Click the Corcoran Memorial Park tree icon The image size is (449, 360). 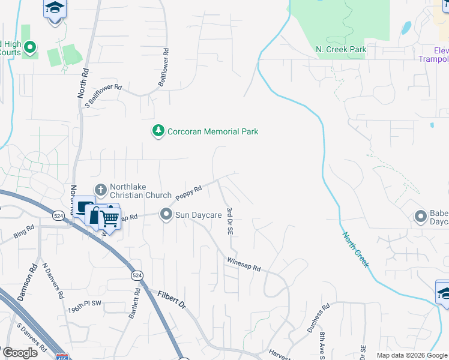click(158, 131)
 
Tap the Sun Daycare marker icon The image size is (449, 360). click(166, 214)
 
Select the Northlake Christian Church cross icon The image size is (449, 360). click(101, 190)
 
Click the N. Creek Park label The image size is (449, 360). click(341, 49)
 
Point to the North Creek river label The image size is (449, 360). click(356, 250)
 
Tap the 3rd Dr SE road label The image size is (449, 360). click(230, 221)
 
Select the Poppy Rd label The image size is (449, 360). click(188, 193)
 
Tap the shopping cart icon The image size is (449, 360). click(109, 218)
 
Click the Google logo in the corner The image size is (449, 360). click(20, 353)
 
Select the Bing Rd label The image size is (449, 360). click(24, 231)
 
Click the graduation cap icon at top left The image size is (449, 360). click(55, 8)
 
